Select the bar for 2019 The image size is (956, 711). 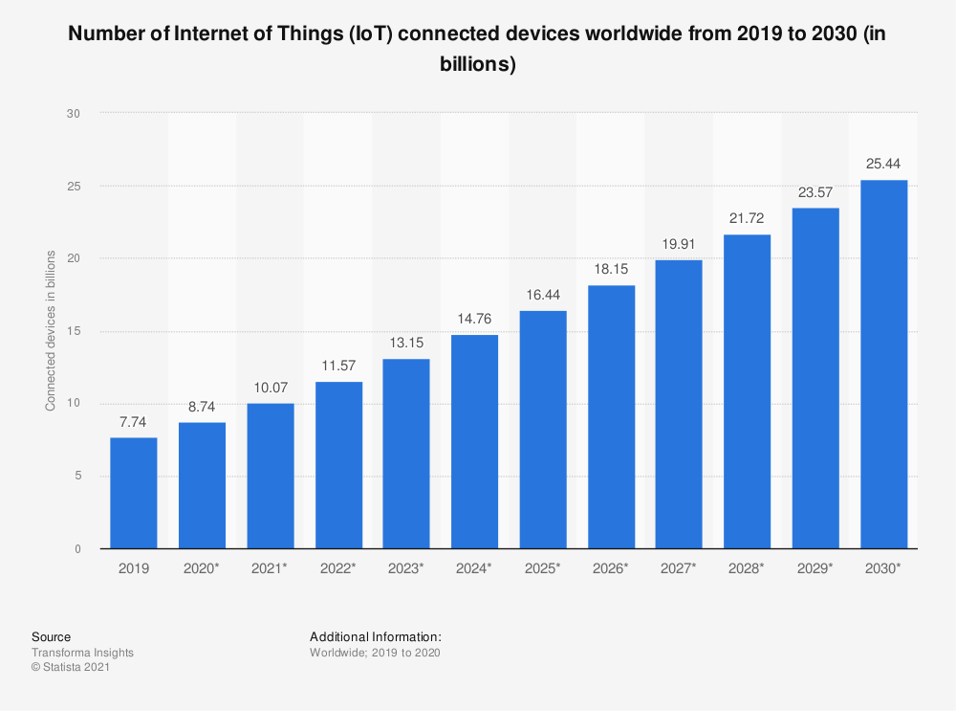click(134, 493)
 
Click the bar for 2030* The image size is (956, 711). click(883, 365)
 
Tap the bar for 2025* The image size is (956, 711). click(543, 430)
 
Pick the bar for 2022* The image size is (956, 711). click(338, 465)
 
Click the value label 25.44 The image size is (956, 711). click(883, 165)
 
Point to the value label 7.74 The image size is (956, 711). click(134, 422)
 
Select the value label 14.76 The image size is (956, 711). click(475, 319)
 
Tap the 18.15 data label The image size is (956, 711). click(611, 270)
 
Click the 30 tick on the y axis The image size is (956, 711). click(74, 113)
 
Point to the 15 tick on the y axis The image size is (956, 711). click(74, 331)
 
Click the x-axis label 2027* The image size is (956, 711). click(679, 567)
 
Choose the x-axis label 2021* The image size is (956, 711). click(271, 567)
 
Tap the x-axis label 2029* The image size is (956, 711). click(815, 567)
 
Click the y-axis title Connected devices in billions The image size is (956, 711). click(50, 331)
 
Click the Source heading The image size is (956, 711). click(51, 636)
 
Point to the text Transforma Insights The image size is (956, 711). click(82, 653)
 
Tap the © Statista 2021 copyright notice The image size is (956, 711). click(71, 668)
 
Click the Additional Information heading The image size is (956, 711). click(375, 636)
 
